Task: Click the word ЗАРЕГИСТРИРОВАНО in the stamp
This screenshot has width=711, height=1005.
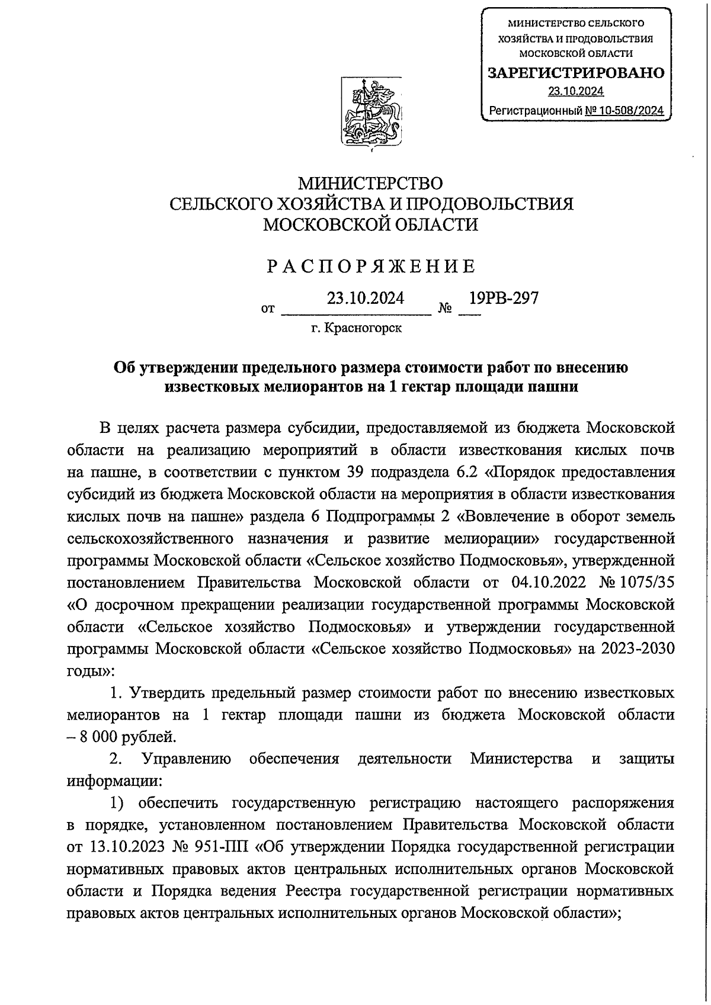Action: (575, 73)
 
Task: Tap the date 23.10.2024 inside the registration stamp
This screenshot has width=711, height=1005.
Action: (575, 91)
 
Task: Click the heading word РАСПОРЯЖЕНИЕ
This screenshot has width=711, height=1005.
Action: (371, 266)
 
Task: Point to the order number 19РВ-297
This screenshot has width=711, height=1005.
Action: (503, 298)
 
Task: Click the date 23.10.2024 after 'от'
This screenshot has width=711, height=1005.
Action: (366, 298)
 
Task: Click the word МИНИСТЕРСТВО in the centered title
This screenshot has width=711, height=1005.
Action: (371, 183)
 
